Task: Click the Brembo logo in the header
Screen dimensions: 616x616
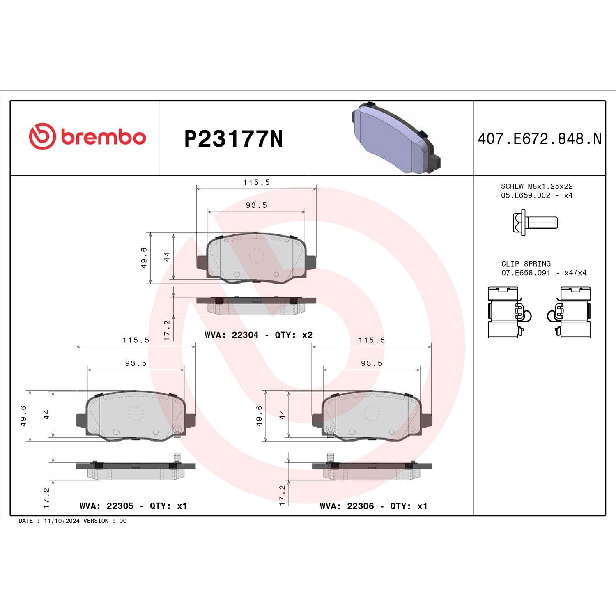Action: (x=87, y=136)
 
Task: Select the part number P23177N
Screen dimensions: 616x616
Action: (x=233, y=139)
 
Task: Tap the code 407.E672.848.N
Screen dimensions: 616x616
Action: (x=539, y=139)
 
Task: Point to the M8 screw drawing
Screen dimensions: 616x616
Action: (x=535, y=223)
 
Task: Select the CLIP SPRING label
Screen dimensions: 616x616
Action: (x=526, y=264)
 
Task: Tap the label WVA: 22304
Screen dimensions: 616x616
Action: (x=232, y=335)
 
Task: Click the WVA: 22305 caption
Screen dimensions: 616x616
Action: (x=106, y=506)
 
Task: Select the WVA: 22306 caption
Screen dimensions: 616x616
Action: (x=347, y=506)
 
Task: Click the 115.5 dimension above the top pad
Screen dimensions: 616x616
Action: (x=256, y=182)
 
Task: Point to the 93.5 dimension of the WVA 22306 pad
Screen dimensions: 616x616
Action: (x=371, y=363)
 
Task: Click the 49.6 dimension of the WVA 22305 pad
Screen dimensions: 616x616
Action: (x=23, y=416)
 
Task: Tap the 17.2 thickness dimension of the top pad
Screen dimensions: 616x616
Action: (x=167, y=330)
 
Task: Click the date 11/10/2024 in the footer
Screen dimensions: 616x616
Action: (x=62, y=521)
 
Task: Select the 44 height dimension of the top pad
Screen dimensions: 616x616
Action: (x=167, y=257)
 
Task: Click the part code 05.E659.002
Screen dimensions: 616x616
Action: (x=525, y=195)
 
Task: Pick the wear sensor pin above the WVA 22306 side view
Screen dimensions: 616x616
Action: (x=330, y=457)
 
